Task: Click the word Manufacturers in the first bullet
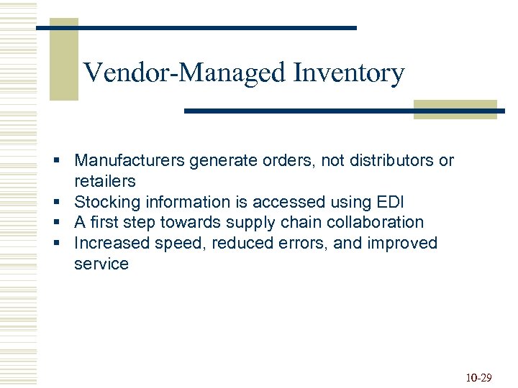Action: pyautogui.click(x=129, y=160)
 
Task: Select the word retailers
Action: pyautogui.click(x=104, y=181)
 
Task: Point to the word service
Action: pyautogui.click(x=101, y=264)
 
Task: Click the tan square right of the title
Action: pyautogui.click(x=455, y=109)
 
